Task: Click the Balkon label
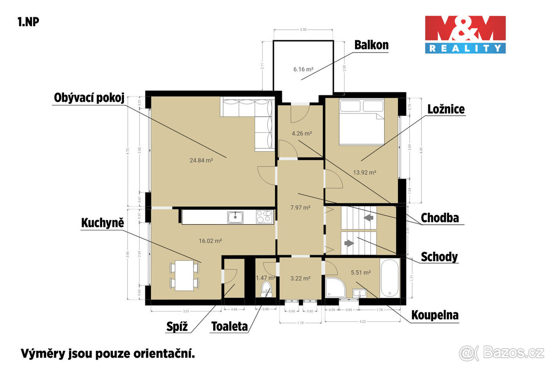coord(371,45)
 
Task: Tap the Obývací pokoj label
coord(89,98)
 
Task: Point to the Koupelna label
coord(435,315)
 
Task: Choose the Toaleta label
coord(229,327)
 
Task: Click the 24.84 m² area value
coord(202,160)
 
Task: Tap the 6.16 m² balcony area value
coord(303,70)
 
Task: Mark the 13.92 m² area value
coord(365,172)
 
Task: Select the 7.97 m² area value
coord(301,207)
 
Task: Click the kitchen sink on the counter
coord(236,217)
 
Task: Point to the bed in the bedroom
coord(361,122)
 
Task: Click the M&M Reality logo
coord(465,34)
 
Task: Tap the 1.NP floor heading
coord(28,22)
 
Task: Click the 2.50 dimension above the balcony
coord(303,29)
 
